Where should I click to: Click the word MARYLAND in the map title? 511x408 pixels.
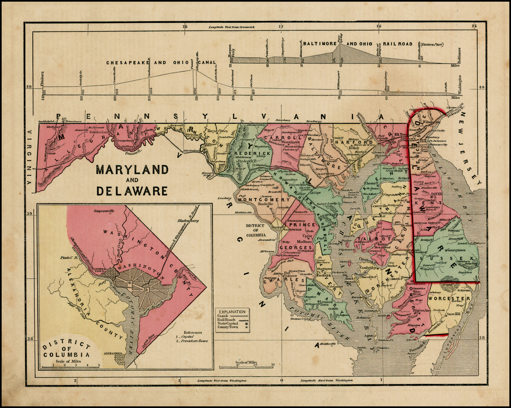[x=132, y=169]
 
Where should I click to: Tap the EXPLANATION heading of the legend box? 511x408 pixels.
[x=232, y=311]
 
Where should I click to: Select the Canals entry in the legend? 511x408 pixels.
[x=223, y=316]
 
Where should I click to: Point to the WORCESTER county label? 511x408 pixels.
[x=449, y=299]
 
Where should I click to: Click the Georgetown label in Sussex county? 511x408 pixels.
[x=456, y=250]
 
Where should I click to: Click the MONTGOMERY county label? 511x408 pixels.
[x=264, y=200]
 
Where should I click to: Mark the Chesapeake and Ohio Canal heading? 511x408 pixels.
[x=161, y=63]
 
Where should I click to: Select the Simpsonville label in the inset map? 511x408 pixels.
[x=104, y=211]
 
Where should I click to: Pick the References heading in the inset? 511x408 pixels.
[x=193, y=333]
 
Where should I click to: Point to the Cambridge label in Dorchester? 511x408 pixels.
[x=369, y=268]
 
